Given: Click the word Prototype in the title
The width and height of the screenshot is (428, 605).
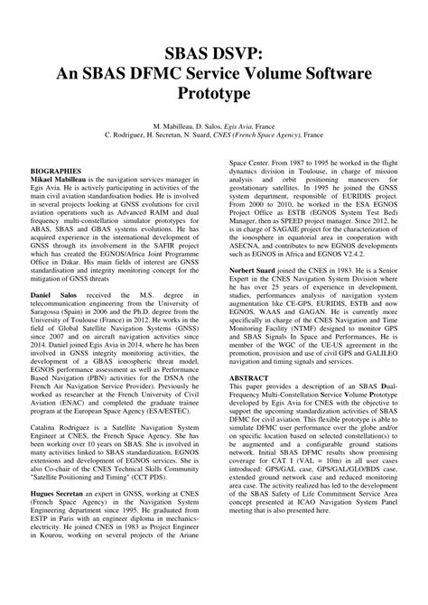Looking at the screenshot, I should coord(214,92).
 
